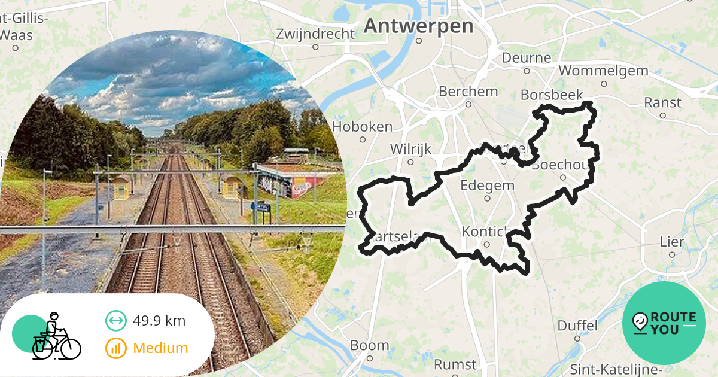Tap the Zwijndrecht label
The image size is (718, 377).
(315, 34)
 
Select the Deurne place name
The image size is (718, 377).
(526, 57)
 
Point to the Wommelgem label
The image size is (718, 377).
(603, 71)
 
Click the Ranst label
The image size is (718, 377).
(662, 102)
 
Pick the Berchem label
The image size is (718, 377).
(468, 92)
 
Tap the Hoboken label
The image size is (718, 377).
(362, 126)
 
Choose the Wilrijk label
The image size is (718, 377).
(410, 148)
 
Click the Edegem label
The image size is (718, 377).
(487, 185)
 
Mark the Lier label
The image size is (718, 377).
(671, 242)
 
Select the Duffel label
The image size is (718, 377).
(577, 326)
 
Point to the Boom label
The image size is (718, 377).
(369, 345)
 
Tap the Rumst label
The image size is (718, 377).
(455, 364)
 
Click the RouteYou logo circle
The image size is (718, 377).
(664, 323)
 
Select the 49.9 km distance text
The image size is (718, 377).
(159, 321)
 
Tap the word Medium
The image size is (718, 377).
(160, 348)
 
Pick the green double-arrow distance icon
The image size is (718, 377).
(115, 321)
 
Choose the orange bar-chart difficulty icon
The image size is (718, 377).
(115, 348)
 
